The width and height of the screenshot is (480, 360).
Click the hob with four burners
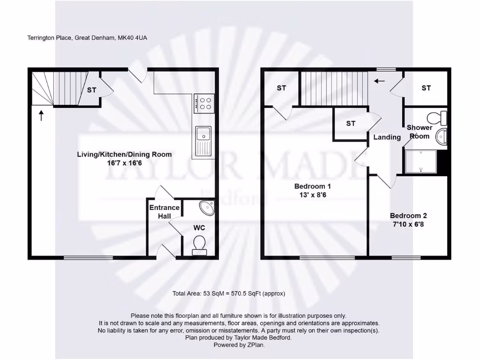pos(204,103)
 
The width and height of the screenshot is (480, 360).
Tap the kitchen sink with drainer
pos(203,141)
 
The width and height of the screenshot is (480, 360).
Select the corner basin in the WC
pos(207,207)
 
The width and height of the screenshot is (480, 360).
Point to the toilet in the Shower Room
pos(437,117)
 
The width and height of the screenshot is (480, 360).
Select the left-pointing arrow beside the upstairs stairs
pos(379,81)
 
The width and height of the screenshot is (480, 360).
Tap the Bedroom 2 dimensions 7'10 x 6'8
pos(408,224)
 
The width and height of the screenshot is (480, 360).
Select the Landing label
pos(387,137)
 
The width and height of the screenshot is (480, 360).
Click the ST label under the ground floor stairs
pos(91,90)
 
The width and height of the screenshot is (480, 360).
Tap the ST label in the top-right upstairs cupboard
pos(426,88)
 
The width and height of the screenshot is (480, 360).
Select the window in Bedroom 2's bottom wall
pos(406,257)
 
